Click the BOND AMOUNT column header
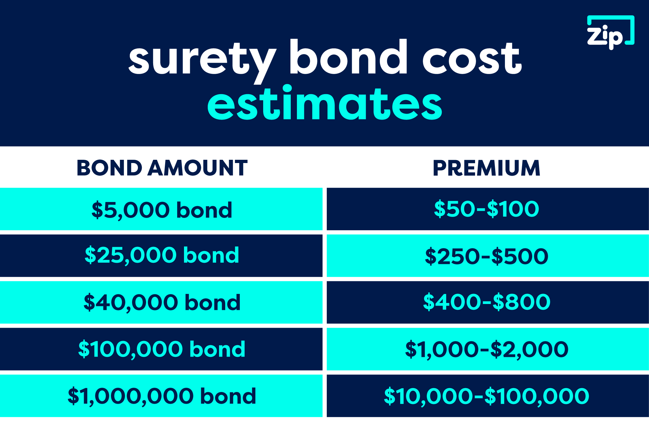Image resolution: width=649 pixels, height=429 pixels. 162,168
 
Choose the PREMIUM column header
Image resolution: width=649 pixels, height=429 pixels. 486,168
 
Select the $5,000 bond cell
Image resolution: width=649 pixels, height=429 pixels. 161,209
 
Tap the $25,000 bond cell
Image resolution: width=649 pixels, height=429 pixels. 161,255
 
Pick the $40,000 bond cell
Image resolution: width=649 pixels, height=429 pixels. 161,302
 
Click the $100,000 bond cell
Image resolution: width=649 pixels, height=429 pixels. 161,349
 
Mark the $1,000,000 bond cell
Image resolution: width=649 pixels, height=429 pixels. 161,396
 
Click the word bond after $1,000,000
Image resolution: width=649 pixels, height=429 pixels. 228,396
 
